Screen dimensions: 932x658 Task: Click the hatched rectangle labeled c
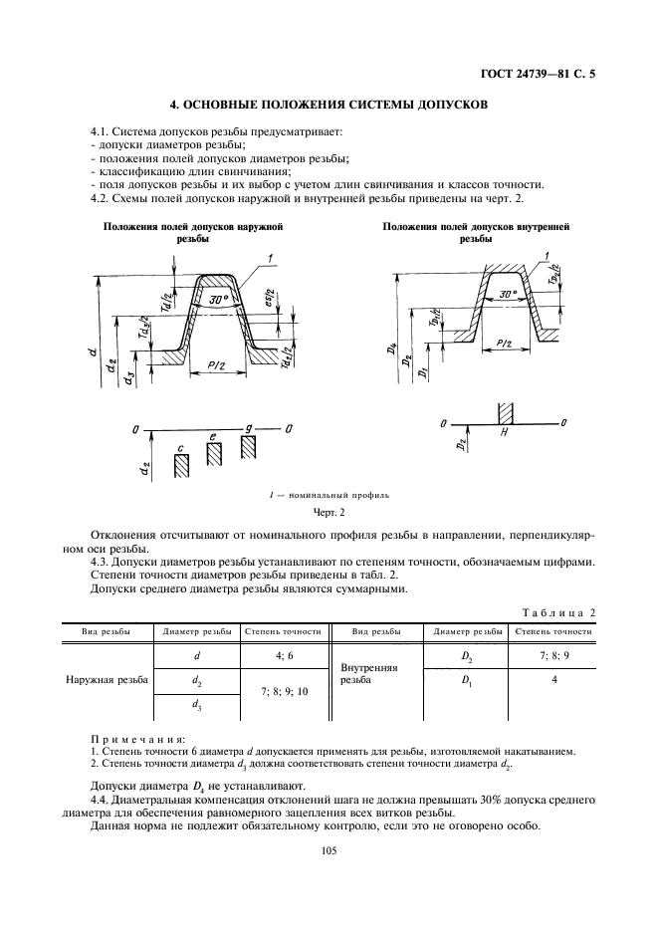point(180,468)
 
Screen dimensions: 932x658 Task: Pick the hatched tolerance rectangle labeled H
point(505,411)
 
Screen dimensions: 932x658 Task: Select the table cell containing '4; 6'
point(285,656)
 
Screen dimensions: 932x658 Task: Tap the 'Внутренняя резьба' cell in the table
point(369,675)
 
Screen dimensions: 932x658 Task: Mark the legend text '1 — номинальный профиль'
point(329,494)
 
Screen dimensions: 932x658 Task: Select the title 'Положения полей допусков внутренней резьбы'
point(476,233)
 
